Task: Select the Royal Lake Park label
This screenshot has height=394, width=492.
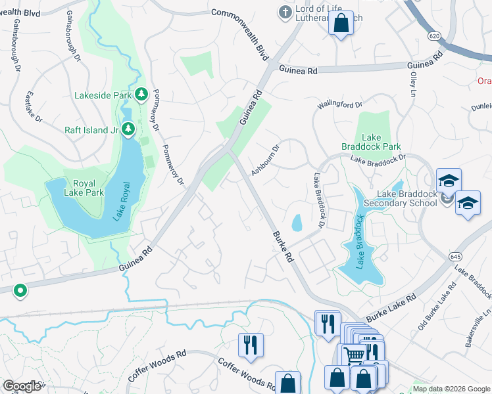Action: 80,188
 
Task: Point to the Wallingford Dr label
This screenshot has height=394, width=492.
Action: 340,104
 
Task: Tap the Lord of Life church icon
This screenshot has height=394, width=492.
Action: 285,11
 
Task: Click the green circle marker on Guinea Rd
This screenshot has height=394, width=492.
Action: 20,290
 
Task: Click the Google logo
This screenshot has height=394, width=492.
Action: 21,386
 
